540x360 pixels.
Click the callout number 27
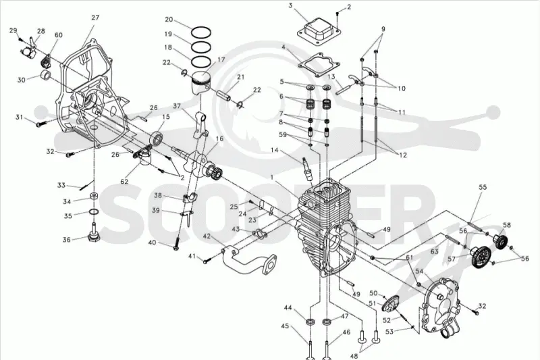[x=95, y=18]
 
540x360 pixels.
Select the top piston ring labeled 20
[x=201, y=32]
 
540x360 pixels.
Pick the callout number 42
[x=207, y=236]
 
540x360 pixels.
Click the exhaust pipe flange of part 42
[x=271, y=265]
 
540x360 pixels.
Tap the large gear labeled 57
[x=480, y=257]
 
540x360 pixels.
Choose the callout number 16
[x=219, y=138]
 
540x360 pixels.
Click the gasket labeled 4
[x=319, y=63]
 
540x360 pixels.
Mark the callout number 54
[x=418, y=272]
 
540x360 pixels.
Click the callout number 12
[x=403, y=155]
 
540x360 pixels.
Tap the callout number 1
[x=272, y=178]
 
